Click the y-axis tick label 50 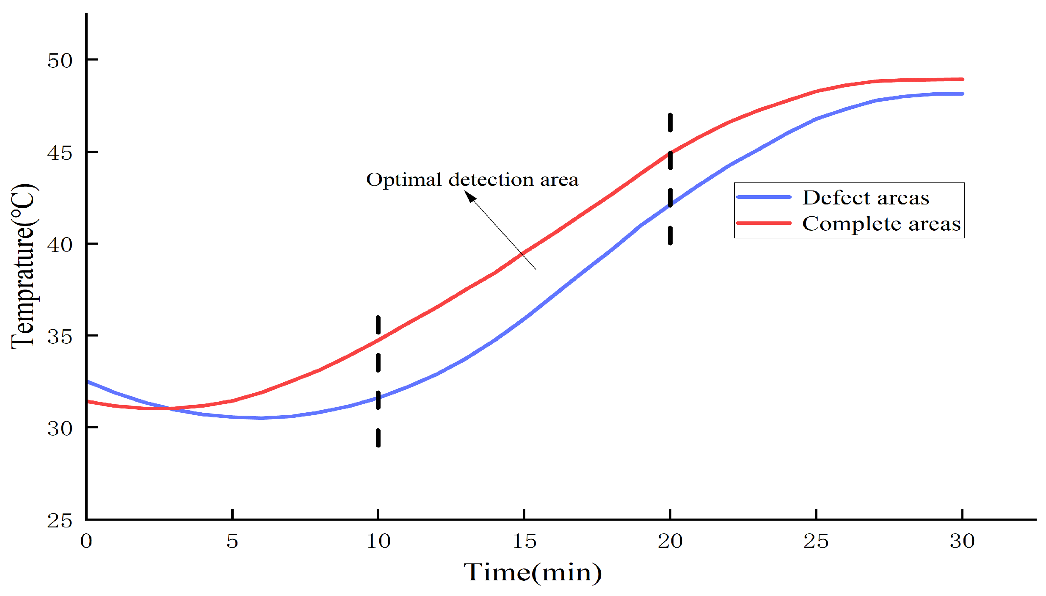coord(60,61)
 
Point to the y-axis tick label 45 coord(60,153)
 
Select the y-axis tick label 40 coord(60,245)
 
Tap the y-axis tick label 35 coord(60,337)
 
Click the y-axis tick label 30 coord(60,429)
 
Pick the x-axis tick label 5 coord(232,541)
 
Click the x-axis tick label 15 coord(524,541)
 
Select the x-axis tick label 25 coord(816,541)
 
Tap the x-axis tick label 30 coord(962,541)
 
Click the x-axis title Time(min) coord(532,573)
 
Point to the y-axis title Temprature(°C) coord(24,267)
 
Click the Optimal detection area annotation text coord(472,180)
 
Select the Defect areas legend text coord(866,198)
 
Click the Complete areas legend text coord(881,224)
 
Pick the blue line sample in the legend coord(764,197)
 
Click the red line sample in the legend coord(764,223)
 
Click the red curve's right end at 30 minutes coord(962,79)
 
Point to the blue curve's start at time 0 coord(88,382)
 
